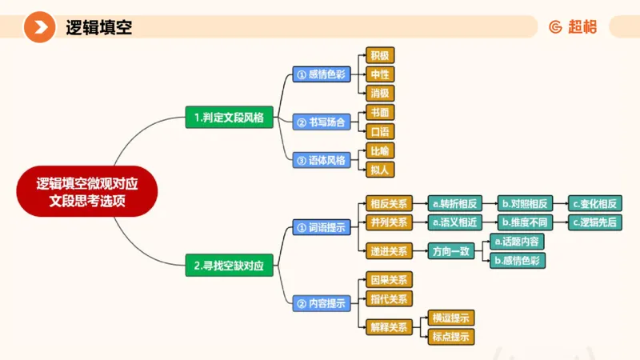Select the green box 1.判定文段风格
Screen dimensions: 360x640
coord(229,118)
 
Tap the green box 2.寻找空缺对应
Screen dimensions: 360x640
coord(229,265)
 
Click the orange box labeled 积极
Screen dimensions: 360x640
coord(379,56)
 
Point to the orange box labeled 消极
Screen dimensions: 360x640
coord(379,93)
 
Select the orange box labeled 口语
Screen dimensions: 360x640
coord(379,131)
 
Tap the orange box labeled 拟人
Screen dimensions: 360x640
coord(379,169)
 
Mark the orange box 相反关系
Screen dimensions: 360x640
coord(388,203)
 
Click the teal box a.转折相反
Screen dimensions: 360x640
coord(454,203)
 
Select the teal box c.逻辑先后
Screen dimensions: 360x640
coord(594,222)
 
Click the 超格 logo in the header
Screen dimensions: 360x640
coord(573,27)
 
